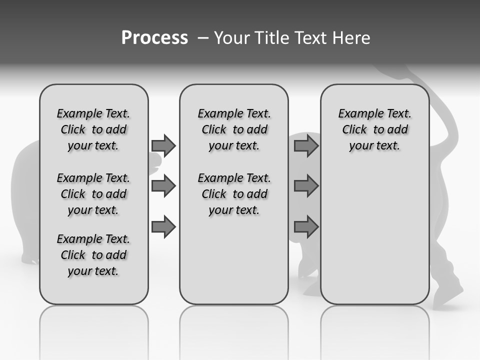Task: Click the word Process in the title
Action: coord(154,37)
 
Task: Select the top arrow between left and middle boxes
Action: coord(163,146)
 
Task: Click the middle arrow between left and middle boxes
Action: coord(163,186)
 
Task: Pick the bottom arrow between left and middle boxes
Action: coord(163,227)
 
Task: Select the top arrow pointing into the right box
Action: coord(306,146)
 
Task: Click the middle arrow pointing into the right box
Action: coord(306,186)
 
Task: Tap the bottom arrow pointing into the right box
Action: coord(306,227)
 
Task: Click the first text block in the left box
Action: coord(93,129)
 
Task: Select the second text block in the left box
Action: coord(93,194)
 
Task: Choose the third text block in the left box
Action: coord(93,255)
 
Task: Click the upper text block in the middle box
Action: coord(234,129)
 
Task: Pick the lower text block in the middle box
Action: coord(234,194)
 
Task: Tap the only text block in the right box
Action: coord(374,129)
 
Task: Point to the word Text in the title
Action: coord(311,37)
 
